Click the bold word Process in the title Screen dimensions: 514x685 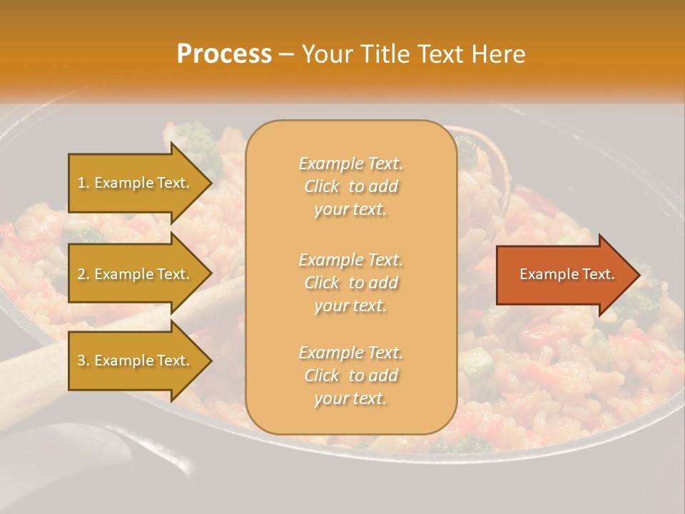(224, 54)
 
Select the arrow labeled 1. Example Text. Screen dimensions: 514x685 (136, 183)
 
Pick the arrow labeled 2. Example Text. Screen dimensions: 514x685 (136, 274)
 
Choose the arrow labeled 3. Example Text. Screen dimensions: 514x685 (136, 361)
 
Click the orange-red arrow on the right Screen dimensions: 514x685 (564, 275)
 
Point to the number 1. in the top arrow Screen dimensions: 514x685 (83, 183)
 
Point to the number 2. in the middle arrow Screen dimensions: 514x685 (83, 275)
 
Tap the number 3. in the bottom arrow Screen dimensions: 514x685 (83, 361)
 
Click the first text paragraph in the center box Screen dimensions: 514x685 (350, 186)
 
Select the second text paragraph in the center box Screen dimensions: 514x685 (350, 283)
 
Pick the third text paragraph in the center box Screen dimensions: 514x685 (350, 376)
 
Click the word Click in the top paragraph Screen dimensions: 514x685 (322, 187)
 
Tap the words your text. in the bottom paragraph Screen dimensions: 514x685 (350, 399)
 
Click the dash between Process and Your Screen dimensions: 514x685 (286, 55)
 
